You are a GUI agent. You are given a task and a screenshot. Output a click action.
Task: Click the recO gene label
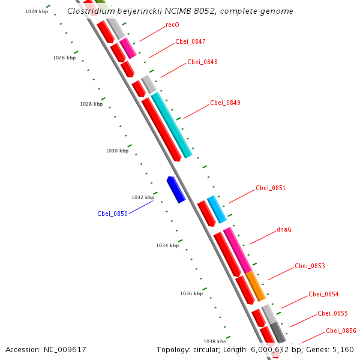pos(172,25)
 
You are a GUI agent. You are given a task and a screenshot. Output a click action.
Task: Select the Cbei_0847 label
pos(190,41)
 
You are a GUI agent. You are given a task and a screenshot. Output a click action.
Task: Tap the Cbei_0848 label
pos(202,62)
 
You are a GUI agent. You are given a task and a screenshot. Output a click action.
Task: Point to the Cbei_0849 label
pos(225,103)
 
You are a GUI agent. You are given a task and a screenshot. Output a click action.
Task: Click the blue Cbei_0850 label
pos(112,214)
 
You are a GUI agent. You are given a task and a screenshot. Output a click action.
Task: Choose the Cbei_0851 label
pos(271,188)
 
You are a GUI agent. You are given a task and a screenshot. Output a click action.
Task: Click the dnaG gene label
pos(284,229)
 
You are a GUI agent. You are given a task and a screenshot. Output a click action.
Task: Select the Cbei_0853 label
pos(310,266)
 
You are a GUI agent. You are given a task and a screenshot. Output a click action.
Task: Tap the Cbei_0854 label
pos(323,294)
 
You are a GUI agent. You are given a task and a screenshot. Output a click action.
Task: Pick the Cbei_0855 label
pos(332,313)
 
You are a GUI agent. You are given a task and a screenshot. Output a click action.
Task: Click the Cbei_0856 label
pos(341,331)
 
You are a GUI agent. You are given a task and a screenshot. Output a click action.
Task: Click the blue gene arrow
pos(176,189)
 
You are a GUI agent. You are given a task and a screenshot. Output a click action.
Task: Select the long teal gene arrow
pos(172,125)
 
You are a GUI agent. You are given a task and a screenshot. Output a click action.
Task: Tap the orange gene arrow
pos(256,286)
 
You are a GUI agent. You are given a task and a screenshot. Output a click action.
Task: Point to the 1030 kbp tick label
pos(117,151)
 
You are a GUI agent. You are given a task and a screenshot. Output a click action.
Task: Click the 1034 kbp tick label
pos(167,245)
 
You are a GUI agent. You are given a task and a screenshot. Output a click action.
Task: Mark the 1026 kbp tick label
pos(64,58)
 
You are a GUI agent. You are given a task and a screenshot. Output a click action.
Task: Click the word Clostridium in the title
pos(89,11)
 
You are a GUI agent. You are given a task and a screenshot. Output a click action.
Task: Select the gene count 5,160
pos(344,349)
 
